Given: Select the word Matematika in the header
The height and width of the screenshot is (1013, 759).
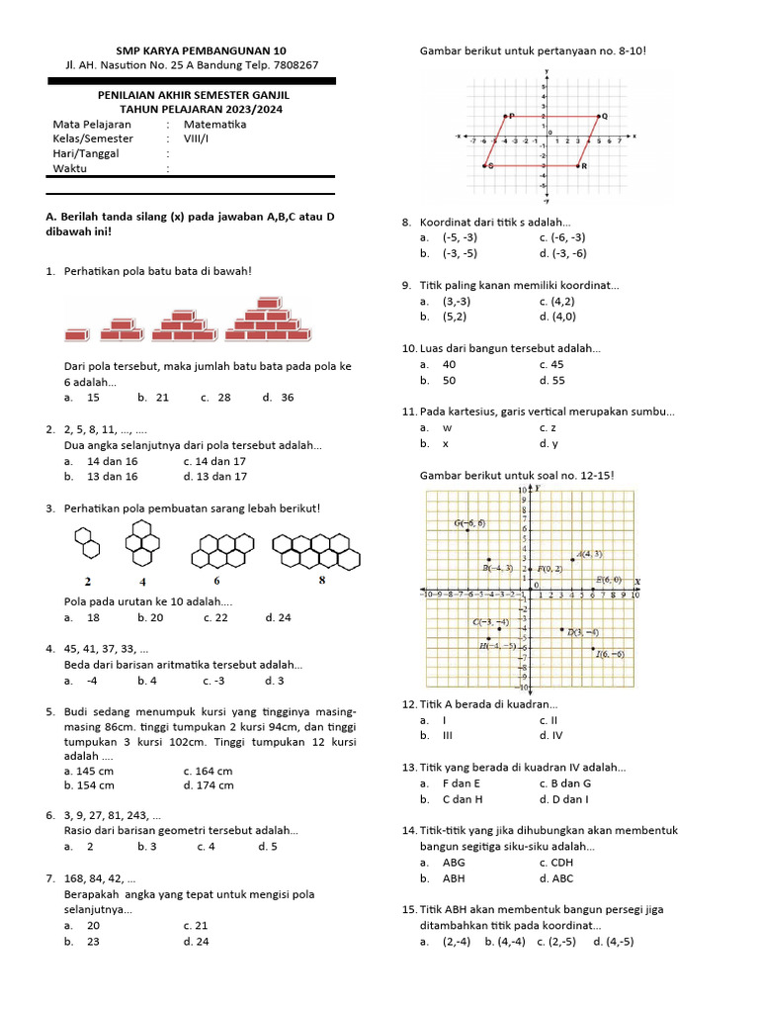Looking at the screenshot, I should (214, 125).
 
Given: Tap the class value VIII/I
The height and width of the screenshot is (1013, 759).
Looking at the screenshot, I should (199, 139).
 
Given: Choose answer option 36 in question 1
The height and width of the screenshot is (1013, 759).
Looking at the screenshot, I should (287, 398).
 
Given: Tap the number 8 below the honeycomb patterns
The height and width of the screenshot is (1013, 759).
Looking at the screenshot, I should (321, 581).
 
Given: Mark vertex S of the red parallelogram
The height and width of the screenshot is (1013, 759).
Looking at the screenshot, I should (486, 166).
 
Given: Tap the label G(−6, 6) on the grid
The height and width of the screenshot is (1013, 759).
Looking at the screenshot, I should (469, 523).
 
